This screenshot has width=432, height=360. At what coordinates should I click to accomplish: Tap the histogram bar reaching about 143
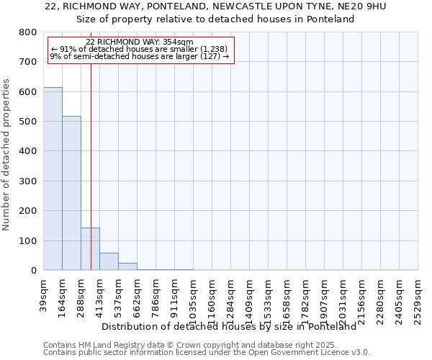click(90, 248)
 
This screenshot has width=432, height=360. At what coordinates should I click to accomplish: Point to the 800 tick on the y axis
click(28, 32)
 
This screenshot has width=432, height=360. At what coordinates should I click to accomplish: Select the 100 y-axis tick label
click(28, 240)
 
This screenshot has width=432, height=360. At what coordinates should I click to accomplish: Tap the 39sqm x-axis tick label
click(44, 293)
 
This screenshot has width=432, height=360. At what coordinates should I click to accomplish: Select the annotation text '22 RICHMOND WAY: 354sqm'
click(140, 42)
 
